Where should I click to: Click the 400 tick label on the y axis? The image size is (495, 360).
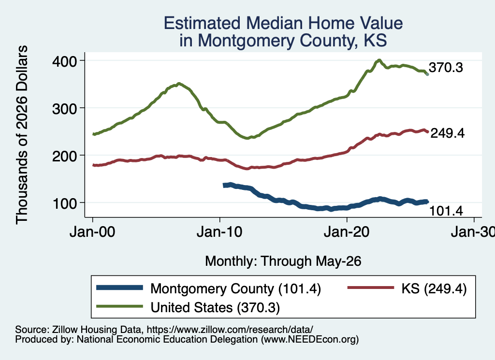64,61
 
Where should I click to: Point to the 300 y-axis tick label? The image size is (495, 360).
64,109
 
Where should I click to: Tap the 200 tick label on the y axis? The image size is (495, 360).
64,156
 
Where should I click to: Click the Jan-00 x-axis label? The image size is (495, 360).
92,232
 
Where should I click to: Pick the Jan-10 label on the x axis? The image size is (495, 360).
219,232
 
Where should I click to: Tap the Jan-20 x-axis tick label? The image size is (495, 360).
347,232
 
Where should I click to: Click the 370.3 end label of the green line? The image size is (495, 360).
446,68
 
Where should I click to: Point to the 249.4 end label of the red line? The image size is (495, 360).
448,133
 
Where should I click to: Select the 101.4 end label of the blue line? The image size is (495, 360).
446,211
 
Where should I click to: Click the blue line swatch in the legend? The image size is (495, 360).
120,288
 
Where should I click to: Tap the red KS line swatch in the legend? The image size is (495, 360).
371,288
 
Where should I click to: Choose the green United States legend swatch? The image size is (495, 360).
120,306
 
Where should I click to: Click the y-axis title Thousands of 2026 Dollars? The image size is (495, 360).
22,135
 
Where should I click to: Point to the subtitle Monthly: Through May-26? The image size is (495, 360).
283,261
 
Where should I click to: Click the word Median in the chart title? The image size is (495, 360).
274,23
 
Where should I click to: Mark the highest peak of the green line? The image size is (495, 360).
379,60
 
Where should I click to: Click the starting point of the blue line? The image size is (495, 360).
224,186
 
